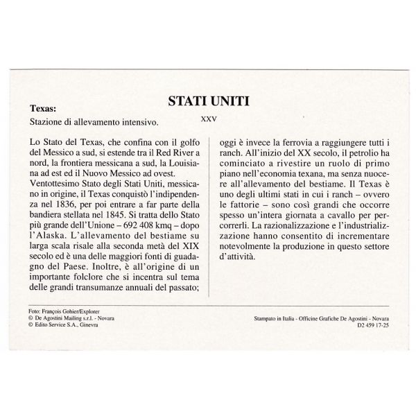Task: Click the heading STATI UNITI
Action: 209,102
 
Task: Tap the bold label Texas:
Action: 44,109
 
